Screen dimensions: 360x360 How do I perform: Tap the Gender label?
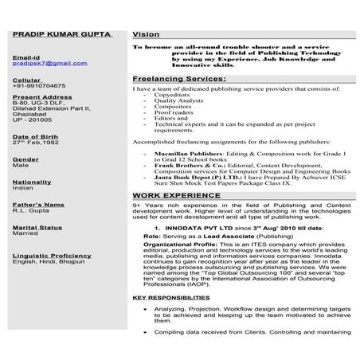click(25, 159)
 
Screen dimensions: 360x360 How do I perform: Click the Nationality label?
click(33, 182)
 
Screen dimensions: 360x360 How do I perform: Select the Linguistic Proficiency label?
click(52, 255)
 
